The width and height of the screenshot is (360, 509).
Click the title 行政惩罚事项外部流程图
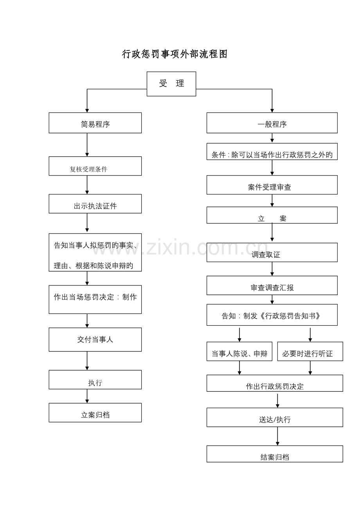click(175, 54)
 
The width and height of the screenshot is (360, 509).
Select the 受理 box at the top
click(171, 84)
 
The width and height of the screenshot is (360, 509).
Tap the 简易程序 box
click(95, 123)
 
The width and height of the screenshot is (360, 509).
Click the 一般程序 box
click(272, 123)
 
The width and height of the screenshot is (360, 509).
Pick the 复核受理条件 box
click(95, 166)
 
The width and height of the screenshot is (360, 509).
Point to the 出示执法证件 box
click(95, 204)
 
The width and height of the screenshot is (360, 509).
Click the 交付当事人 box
click(95, 339)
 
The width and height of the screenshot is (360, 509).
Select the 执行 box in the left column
click(95, 380)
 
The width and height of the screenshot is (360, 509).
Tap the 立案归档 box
click(95, 412)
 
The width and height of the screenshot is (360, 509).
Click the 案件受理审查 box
click(272, 185)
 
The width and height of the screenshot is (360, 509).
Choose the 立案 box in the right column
click(272, 215)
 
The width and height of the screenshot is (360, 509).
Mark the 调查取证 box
click(272, 253)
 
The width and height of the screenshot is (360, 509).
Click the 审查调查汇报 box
click(272, 285)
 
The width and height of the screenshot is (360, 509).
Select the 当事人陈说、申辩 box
click(239, 351)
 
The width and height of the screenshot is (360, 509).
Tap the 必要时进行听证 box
click(310, 351)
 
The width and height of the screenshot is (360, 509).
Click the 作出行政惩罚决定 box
click(275, 383)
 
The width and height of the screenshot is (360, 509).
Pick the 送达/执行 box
click(275, 417)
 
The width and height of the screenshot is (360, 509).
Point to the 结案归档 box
click(275, 454)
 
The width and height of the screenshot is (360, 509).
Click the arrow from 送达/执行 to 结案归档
click(277, 436)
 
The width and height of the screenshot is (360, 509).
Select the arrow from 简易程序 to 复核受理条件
click(87, 145)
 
